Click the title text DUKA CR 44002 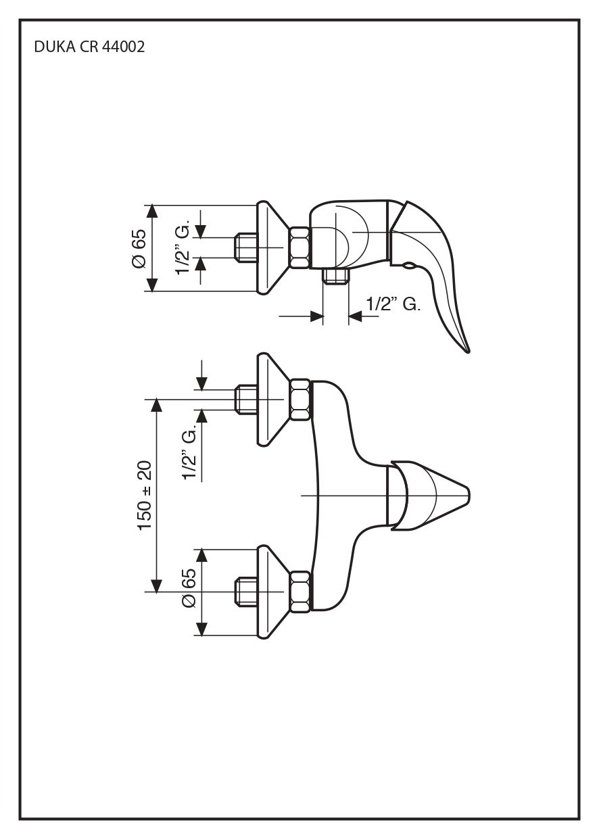[x=89, y=48]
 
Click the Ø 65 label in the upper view [x=139, y=249]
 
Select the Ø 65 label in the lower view [x=189, y=592]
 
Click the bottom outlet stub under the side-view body [x=335, y=275]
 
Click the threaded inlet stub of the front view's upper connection [x=245, y=400]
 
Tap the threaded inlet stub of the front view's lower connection [x=245, y=592]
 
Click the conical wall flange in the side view [x=270, y=247]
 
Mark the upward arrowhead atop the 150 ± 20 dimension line [x=157, y=405]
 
